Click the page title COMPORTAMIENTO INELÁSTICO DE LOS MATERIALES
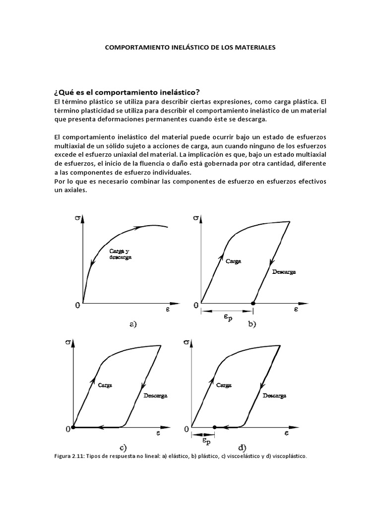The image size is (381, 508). [x=190, y=48]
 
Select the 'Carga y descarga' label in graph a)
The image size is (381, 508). [x=119, y=254]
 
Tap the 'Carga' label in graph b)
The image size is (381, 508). [x=233, y=261]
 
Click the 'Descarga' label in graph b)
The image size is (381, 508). [x=287, y=272]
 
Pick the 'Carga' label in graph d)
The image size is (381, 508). [x=223, y=384]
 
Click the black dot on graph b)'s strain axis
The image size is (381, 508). [x=253, y=303]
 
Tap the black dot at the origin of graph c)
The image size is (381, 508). [x=73, y=427]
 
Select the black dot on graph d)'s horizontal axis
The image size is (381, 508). [x=214, y=427]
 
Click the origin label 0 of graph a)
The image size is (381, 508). [x=77, y=305]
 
